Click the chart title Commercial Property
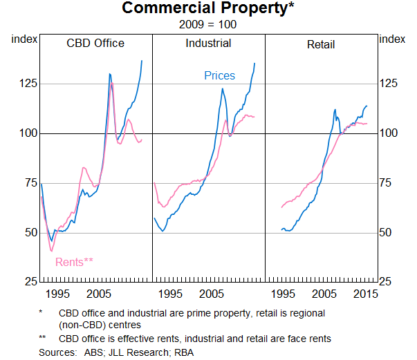206,9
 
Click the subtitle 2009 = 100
207,23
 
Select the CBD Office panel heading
95,43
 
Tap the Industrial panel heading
208,43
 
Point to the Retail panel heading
321,44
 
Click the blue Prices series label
219,75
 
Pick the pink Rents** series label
74,261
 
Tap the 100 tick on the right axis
391,133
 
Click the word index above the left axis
24,39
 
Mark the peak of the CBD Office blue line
141,61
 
